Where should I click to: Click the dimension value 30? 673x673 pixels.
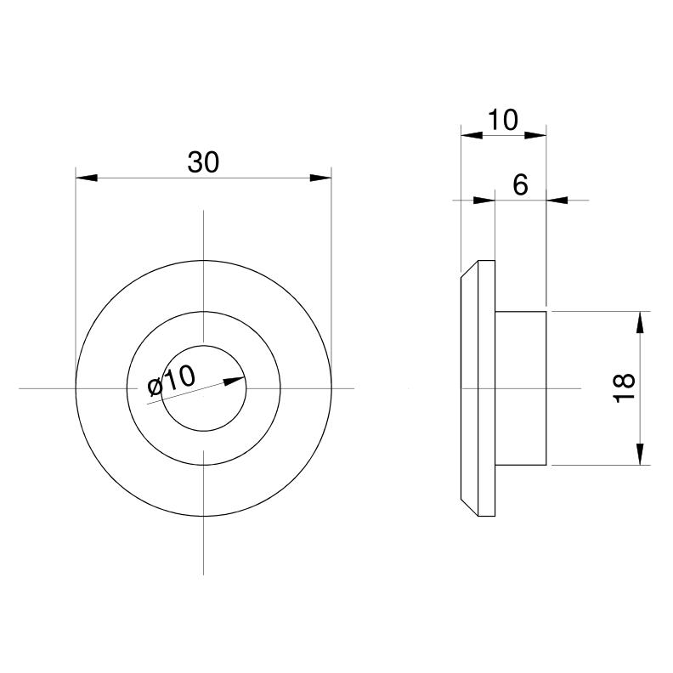[203, 162]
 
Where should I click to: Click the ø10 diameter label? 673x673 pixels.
[172, 381]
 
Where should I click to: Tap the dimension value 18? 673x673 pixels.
[624, 387]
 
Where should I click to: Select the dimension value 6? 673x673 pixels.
[520, 185]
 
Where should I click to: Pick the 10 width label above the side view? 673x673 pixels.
[503, 120]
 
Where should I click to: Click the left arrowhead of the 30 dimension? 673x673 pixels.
[87, 178]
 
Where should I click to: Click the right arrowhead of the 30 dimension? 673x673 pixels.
[320, 178]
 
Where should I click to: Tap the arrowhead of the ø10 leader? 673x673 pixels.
[235, 381]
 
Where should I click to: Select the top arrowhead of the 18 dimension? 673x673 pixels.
[640, 322]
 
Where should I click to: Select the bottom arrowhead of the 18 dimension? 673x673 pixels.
[640, 454]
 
